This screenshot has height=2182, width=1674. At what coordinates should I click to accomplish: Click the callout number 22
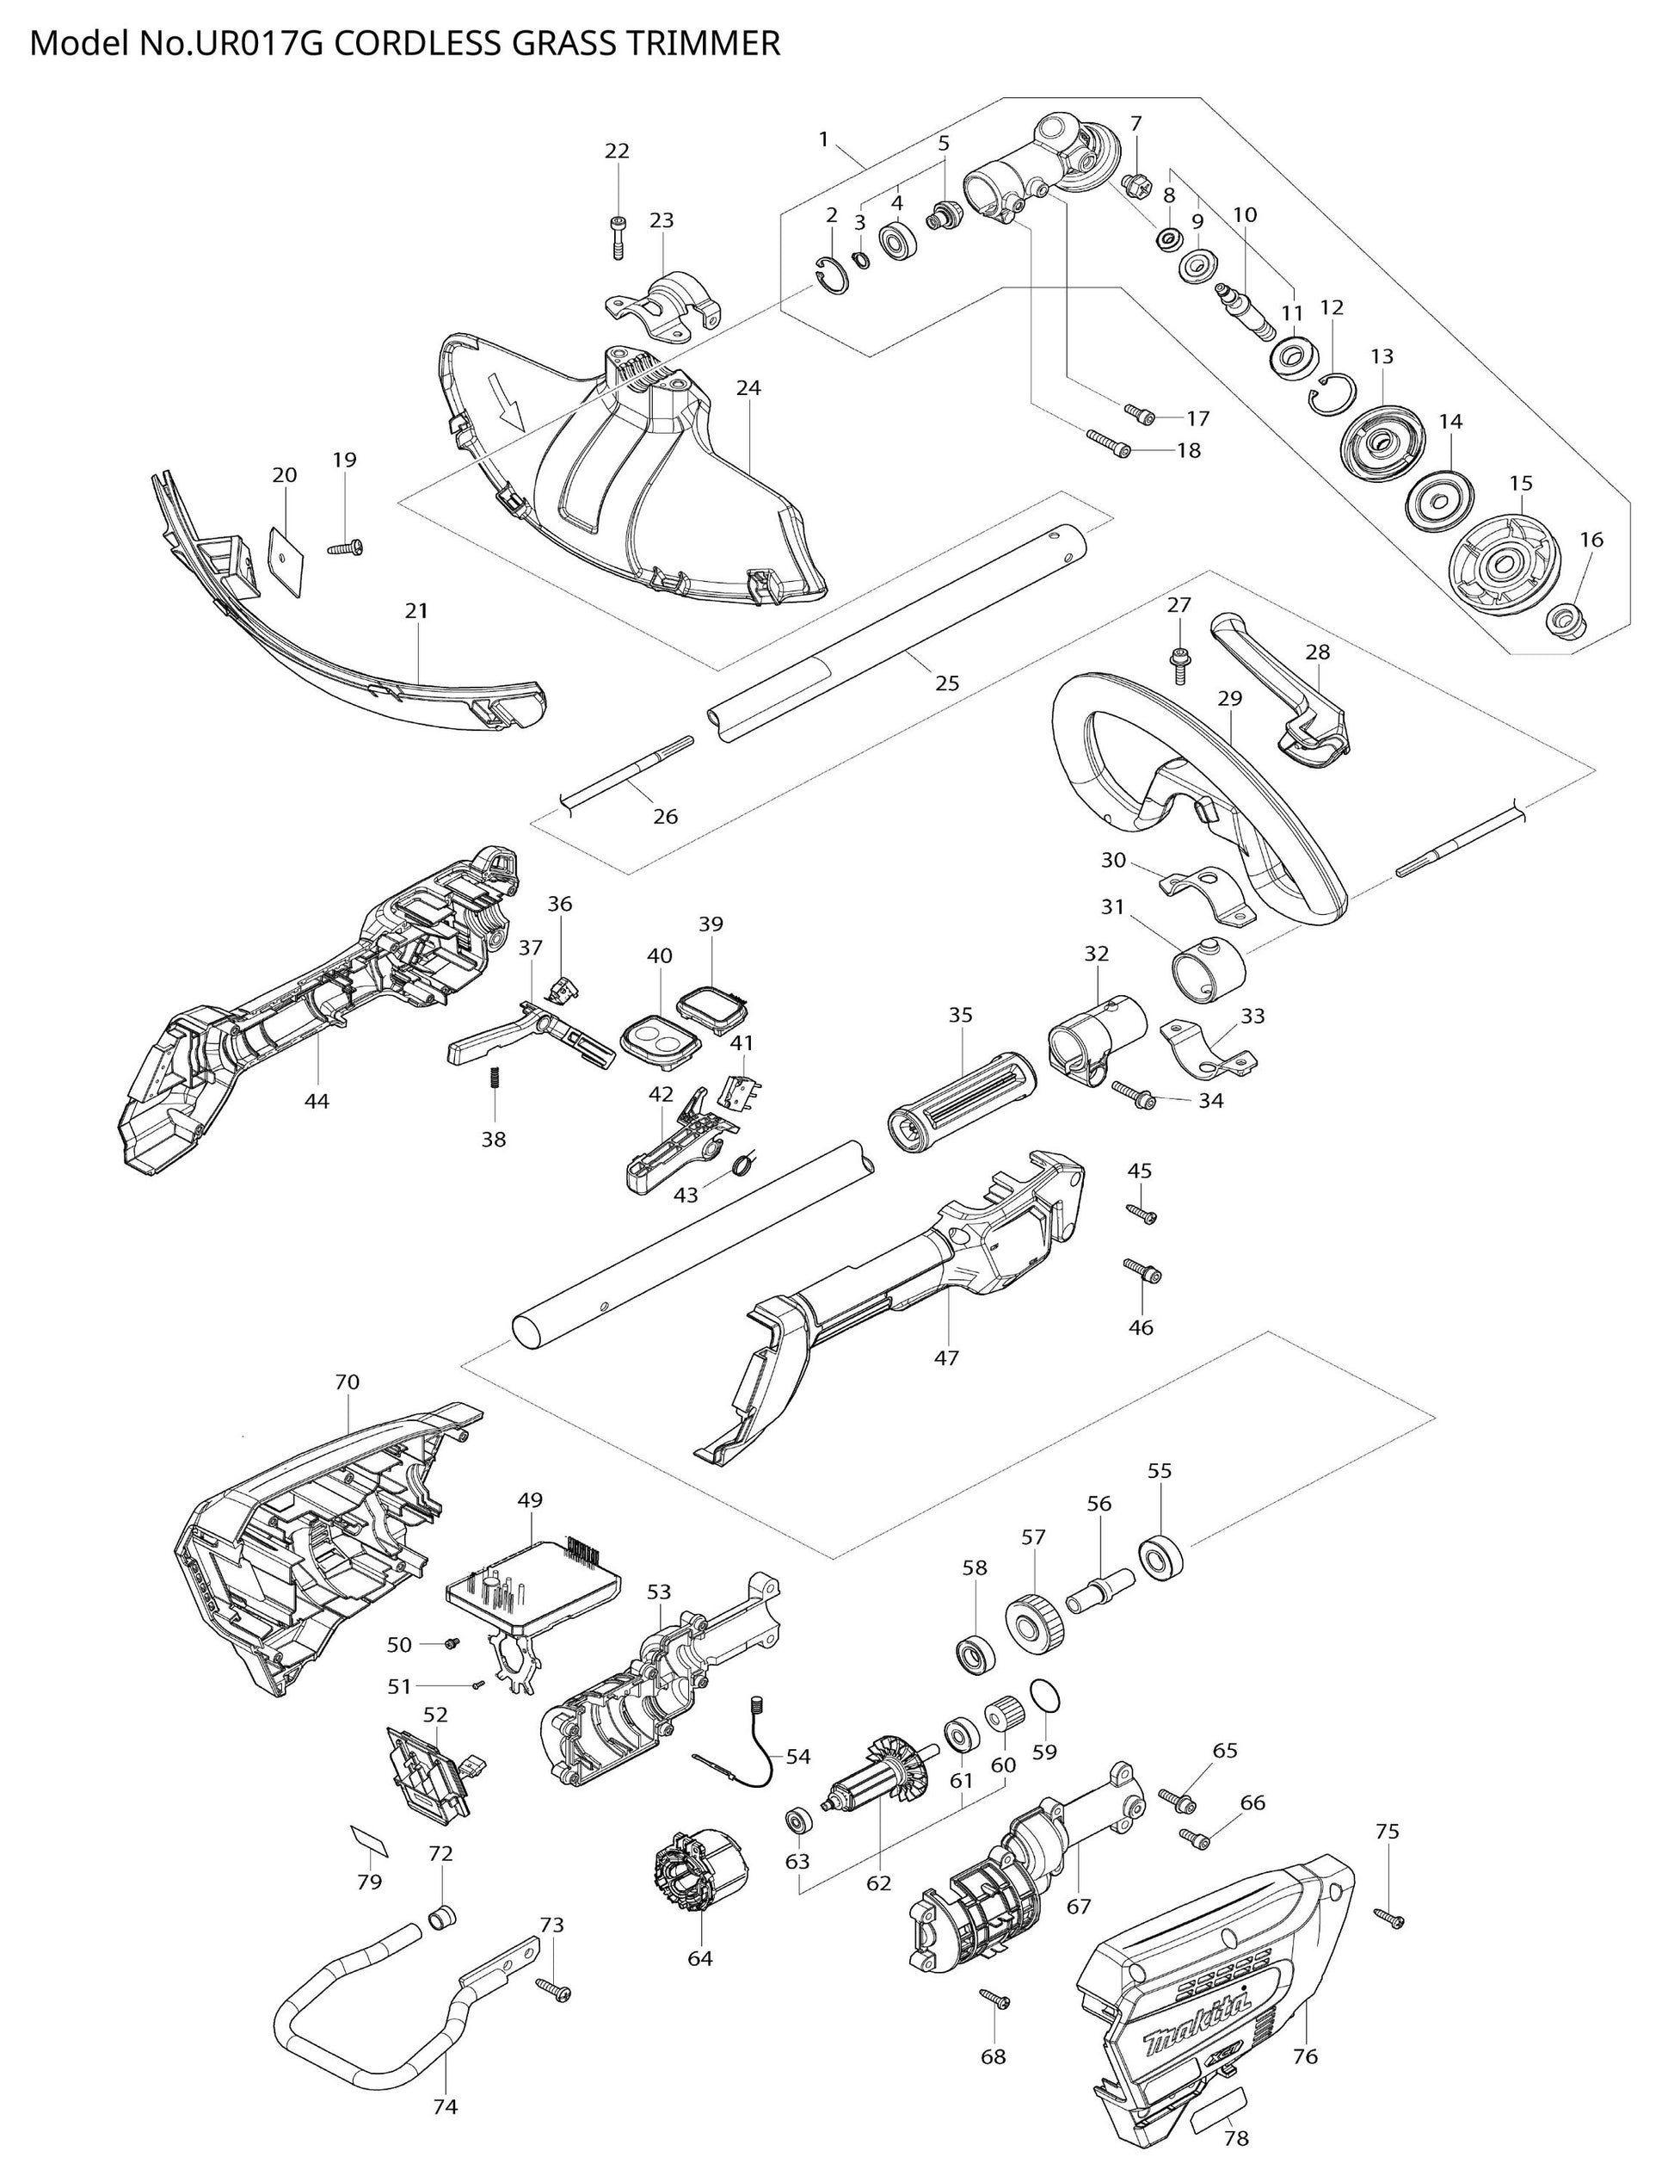pyautogui.click(x=617, y=151)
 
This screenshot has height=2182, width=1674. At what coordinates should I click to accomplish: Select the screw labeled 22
pyautogui.click(x=618, y=236)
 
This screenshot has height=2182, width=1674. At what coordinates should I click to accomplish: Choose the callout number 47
pyautogui.click(x=945, y=1357)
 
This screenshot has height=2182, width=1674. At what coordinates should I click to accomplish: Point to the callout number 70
pyautogui.click(x=347, y=1382)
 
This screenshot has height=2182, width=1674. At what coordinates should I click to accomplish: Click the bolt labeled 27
pyautogui.click(x=1179, y=662)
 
